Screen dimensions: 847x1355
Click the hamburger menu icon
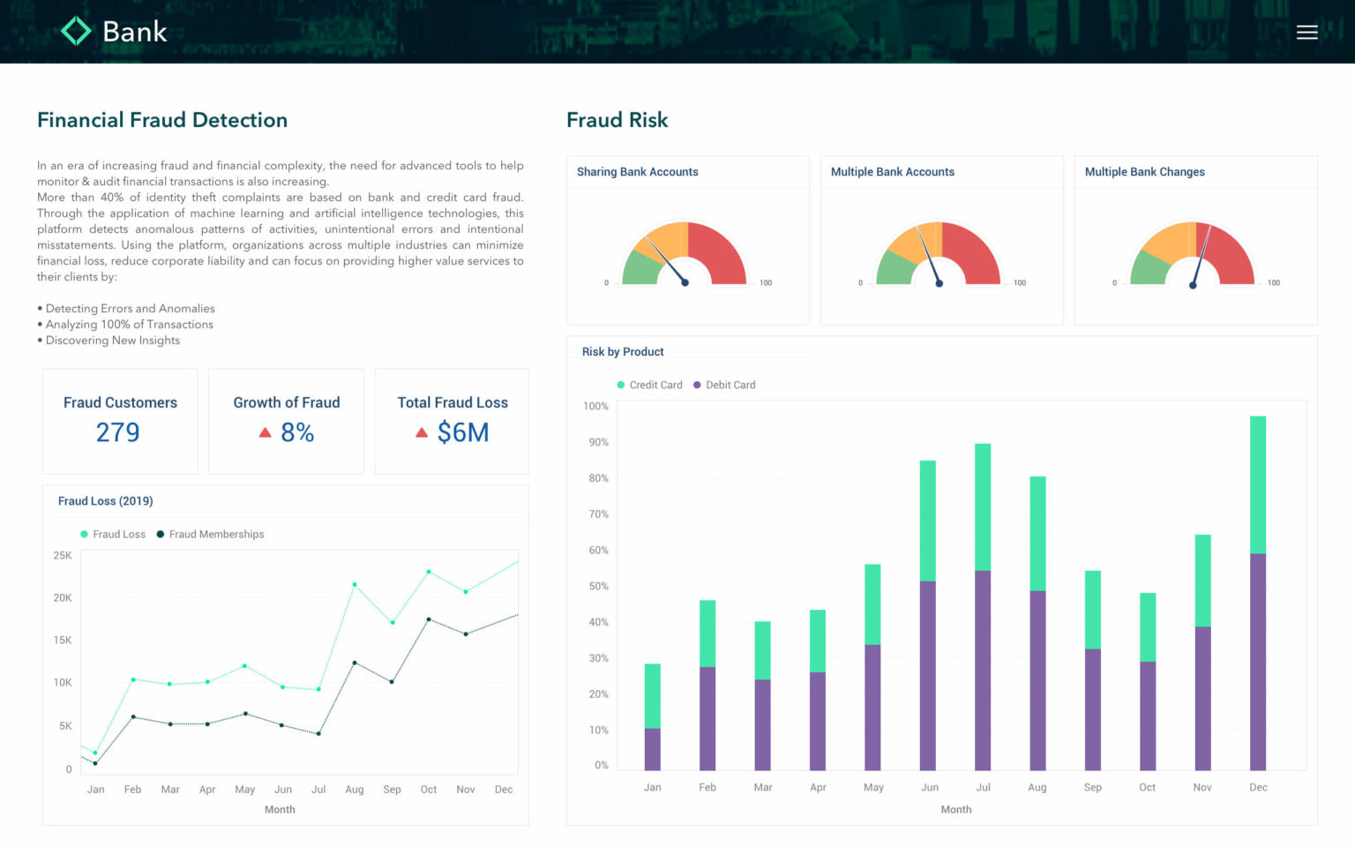tap(1306, 33)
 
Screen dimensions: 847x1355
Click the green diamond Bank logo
tap(77, 32)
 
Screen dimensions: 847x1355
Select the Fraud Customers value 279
tap(117, 432)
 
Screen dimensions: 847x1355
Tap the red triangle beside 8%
tap(265, 432)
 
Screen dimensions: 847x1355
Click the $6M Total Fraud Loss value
tap(462, 432)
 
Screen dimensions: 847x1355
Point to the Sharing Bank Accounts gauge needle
tap(667, 261)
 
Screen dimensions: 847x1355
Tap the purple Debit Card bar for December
tap(1258, 662)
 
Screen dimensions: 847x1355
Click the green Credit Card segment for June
tap(927, 521)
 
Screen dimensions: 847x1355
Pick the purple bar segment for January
tap(652, 749)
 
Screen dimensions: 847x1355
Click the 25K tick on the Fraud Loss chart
tap(63, 556)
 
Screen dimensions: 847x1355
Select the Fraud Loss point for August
tap(355, 584)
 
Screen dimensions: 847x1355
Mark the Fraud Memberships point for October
tap(429, 619)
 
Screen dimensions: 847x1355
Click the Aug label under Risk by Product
tap(1037, 787)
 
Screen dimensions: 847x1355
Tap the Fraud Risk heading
tap(617, 120)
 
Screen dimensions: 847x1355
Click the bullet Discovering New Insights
tap(112, 341)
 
